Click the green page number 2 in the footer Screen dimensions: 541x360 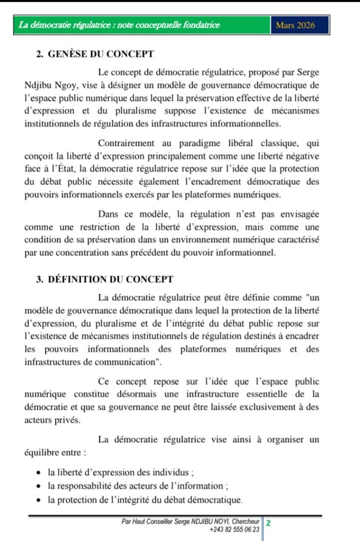point(269,523)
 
